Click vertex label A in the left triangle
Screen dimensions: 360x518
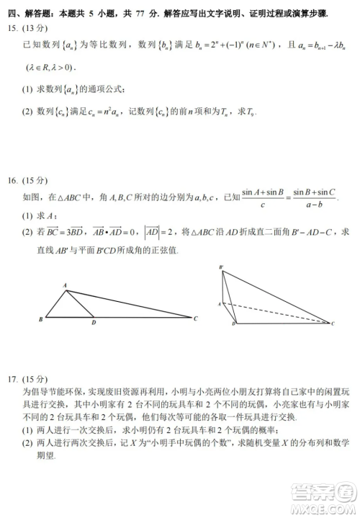tap(66, 285)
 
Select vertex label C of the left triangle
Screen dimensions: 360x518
tap(196, 318)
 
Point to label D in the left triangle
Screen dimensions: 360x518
tap(94, 323)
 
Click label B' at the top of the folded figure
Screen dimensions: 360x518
tap(222, 267)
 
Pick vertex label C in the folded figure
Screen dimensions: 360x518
tap(333, 324)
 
